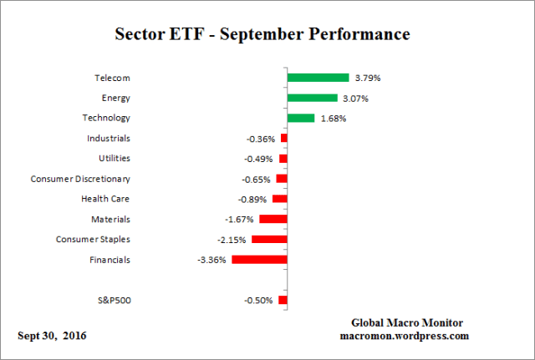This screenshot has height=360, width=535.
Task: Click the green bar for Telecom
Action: coord(318,78)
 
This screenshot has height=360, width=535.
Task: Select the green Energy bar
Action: coord(312,98)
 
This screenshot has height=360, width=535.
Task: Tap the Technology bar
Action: coord(300,118)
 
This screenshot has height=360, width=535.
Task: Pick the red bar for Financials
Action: coord(259,260)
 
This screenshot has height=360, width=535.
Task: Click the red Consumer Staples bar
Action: coord(269,240)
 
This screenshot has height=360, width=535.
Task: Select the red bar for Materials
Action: coord(273,219)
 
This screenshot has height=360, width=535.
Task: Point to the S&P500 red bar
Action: coord(283,300)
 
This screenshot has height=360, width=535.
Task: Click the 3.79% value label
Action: coord(367,79)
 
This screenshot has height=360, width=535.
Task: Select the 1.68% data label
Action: coord(332,119)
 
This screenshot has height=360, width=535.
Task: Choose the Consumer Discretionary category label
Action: coord(80,179)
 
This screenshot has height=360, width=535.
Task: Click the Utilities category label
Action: coord(115,159)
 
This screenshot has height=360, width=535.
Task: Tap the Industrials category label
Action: coord(109,139)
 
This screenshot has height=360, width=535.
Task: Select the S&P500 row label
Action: coord(114,300)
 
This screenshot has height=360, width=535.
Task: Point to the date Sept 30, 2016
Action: coord(52,336)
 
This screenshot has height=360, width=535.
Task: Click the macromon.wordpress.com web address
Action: coord(405,336)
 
